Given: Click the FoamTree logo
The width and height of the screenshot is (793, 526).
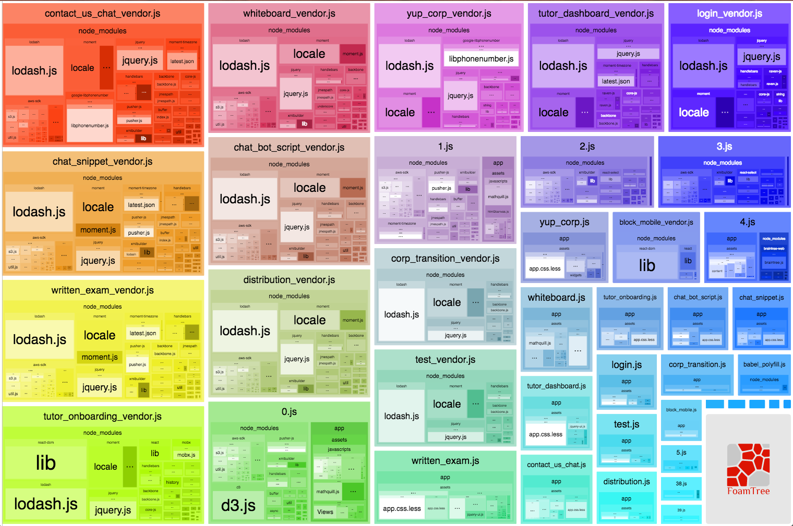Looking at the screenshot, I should pos(748,469).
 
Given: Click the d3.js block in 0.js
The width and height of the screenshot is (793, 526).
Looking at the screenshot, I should pos(238,505).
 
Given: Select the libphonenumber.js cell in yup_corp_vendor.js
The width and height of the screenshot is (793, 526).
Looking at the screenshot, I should pos(481,59).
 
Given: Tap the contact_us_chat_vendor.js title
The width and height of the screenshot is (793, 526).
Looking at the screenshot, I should pos(103,14).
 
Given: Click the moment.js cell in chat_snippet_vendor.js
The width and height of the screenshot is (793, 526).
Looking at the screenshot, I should pos(98,230).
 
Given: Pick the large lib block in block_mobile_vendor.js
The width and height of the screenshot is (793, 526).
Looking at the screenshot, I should pos(647,265).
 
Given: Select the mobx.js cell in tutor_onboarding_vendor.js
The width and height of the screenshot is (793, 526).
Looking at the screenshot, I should pos(186,455).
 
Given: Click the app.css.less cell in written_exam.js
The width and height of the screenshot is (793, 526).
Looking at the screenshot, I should pos(402,509).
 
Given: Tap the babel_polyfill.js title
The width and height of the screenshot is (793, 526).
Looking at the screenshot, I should pos(764,364).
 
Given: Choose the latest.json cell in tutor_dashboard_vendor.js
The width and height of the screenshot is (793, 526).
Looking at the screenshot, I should pos(616,81).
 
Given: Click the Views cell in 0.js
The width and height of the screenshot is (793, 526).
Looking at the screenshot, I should pos(325,512).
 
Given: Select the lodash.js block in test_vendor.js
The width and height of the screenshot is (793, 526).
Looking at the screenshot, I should pos(402,416).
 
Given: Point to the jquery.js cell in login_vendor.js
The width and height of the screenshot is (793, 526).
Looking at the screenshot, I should pos(762,57).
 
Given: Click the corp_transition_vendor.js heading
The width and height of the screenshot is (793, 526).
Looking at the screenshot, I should pos(445,259).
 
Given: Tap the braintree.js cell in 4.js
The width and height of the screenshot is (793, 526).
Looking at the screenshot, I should pos(774,263).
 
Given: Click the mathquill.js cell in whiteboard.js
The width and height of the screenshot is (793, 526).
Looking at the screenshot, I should pos(539,343).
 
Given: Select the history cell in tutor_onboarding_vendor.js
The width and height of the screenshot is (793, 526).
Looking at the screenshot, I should pos(172,482).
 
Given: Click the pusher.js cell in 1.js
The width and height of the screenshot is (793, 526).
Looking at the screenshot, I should pos(441,188).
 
